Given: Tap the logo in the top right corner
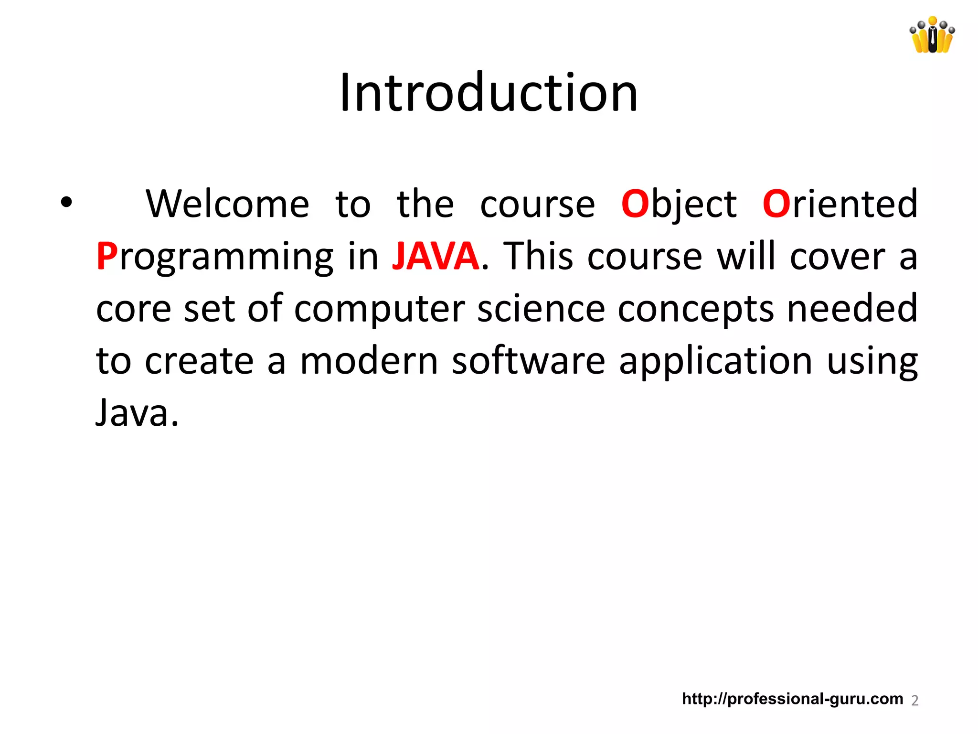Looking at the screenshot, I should click(x=932, y=35).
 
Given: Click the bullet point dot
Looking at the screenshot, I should click(x=66, y=203).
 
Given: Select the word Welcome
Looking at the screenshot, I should click(x=227, y=204).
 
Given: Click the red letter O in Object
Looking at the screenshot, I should click(x=635, y=204).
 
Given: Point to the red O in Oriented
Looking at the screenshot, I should click(x=776, y=204).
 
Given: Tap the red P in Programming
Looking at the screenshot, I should click(x=106, y=257).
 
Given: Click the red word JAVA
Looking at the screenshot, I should click(x=435, y=257).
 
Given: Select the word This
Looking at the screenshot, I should click(x=538, y=257).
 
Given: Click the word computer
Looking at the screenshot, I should click(x=379, y=309).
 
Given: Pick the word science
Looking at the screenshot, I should click(x=541, y=309).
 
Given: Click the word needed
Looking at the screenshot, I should click(x=852, y=308).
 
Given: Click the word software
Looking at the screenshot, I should click(x=528, y=361).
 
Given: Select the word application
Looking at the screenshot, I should click(x=715, y=361).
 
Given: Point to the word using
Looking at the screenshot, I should click(x=872, y=362).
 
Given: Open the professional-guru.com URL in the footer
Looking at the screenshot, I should click(x=792, y=699).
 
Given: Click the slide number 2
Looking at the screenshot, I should click(x=914, y=701).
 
